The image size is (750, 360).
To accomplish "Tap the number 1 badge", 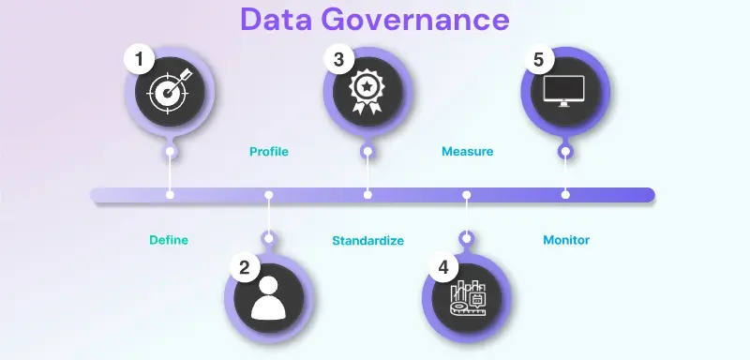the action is point(140,60).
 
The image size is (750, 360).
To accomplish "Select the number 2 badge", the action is point(244,267).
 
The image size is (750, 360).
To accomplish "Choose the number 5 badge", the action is point(538,60).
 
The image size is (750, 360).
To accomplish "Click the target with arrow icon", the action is point(170,93).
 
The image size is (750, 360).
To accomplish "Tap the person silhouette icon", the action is point(270,299).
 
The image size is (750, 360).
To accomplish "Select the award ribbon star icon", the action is point(367,93).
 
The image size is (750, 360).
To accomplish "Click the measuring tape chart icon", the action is point(468,299).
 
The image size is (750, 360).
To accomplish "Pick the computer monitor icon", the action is point(565,93).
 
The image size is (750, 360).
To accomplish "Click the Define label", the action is point(169,240).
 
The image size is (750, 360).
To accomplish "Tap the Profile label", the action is point(268,151).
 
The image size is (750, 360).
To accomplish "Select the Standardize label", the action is point(367,241).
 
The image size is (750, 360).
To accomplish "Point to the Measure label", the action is point(467,151).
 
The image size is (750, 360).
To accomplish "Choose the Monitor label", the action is point(566,240).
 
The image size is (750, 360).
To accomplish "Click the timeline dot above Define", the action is point(170,195).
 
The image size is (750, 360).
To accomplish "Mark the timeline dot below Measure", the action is point(466,195).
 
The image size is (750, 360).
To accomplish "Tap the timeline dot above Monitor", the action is point(565,195).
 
